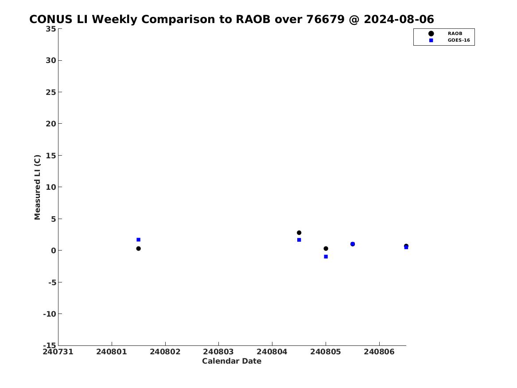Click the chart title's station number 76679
326,20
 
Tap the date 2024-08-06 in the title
399,20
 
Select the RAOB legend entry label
455,34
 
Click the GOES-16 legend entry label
459,40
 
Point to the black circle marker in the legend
431,34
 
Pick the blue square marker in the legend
431,40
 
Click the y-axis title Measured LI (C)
37,187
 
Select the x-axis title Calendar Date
232,361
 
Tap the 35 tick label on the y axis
51,29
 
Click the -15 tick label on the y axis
50,345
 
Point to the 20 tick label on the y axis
51,124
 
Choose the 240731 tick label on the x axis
58,352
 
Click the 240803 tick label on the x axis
218,352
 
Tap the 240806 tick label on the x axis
379,352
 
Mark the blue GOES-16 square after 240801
139,239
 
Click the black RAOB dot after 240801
139,248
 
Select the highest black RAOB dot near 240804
299,233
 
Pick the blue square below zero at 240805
326,257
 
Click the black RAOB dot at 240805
326,248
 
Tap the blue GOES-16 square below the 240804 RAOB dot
299,240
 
